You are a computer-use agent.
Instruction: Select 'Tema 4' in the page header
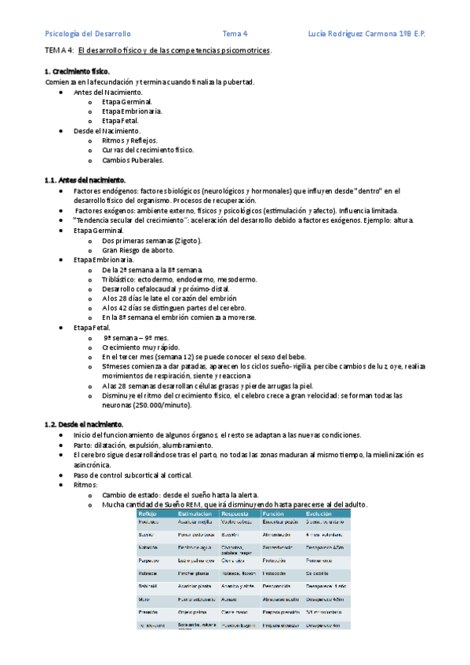click(x=235, y=34)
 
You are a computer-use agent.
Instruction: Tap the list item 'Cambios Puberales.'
click(x=133, y=160)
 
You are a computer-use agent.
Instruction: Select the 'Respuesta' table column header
click(x=236, y=513)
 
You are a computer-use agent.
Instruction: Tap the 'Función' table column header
click(x=275, y=513)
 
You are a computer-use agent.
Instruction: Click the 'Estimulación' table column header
click(x=195, y=513)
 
